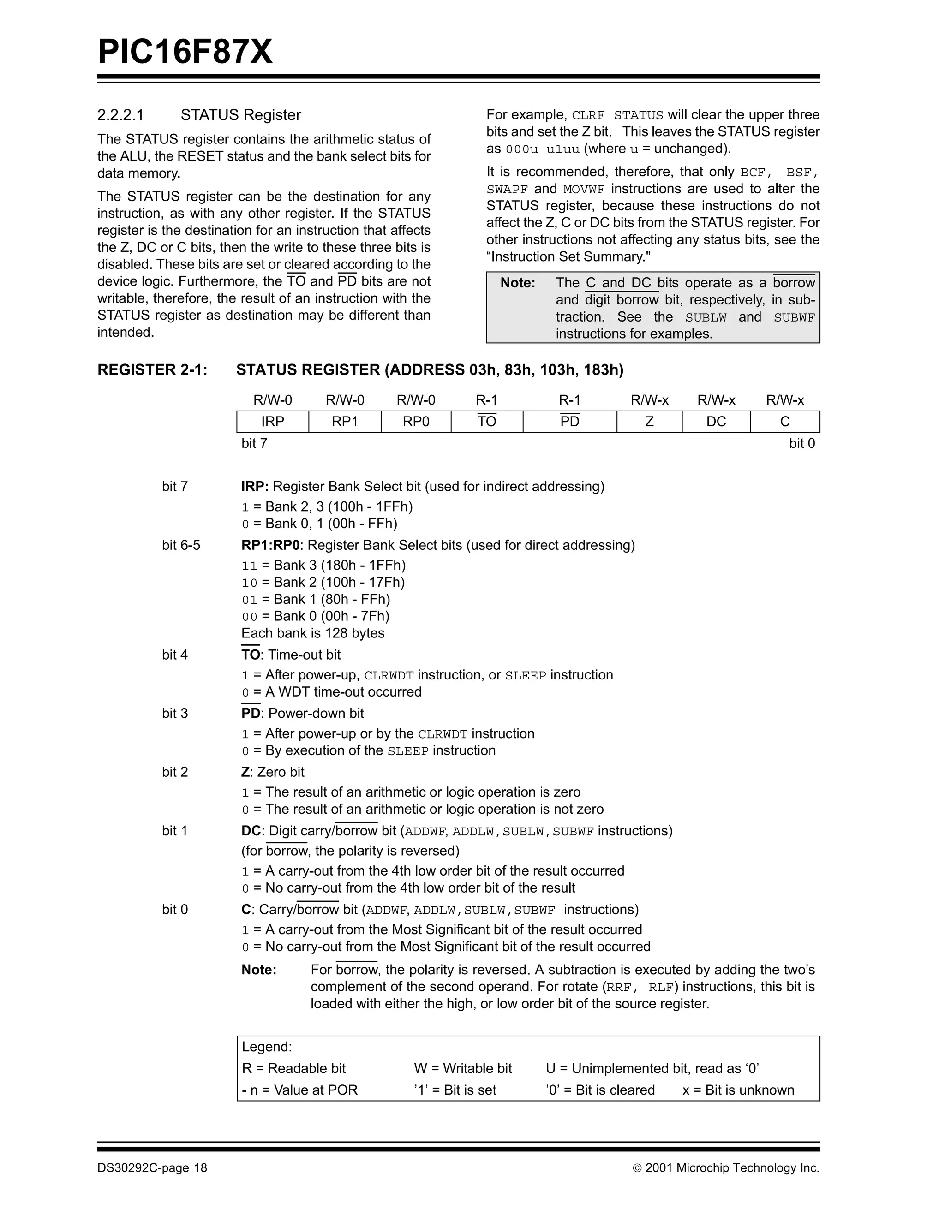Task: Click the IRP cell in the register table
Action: click(272, 422)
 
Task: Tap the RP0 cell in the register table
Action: click(416, 422)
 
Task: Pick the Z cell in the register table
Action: click(649, 422)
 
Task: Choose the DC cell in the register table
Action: click(716, 422)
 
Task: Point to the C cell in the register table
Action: click(784, 422)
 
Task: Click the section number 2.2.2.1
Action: click(120, 115)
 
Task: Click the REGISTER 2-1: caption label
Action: click(152, 370)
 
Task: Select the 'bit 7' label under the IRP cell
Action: click(254, 443)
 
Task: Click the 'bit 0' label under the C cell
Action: click(802, 443)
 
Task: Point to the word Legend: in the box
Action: click(267, 1047)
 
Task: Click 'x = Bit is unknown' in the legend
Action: click(738, 1090)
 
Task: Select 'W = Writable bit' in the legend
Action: click(462, 1068)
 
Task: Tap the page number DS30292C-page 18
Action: click(152, 1168)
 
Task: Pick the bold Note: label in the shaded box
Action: click(517, 283)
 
